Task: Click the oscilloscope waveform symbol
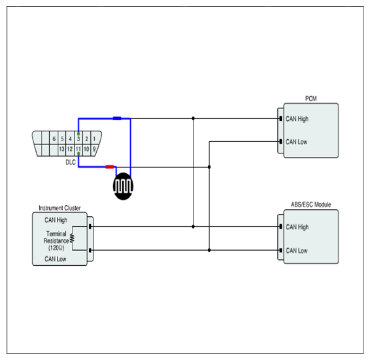pos(123,186)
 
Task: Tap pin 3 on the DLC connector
pos(78,139)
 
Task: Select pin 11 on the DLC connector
pos(78,149)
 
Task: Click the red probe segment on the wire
pos(109,167)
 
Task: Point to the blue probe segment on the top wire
pos(117,118)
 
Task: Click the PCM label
pos(311,99)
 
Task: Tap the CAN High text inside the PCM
pos(297,119)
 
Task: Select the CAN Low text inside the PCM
pos(296,142)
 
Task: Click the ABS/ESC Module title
pos(311,205)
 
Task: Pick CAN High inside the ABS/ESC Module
pos(297,227)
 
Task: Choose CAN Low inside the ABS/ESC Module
pos(297,250)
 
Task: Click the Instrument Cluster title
pos(59,208)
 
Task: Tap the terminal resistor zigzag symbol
pos(72,238)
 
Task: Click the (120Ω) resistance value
pos(56,248)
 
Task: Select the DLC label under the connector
pos(71,162)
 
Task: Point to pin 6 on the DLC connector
pos(54,139)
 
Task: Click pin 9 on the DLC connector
pos(94,149)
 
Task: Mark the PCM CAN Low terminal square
pos(280,142)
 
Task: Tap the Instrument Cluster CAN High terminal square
pos(90,227)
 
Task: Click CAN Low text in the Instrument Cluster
pos(56,259)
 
